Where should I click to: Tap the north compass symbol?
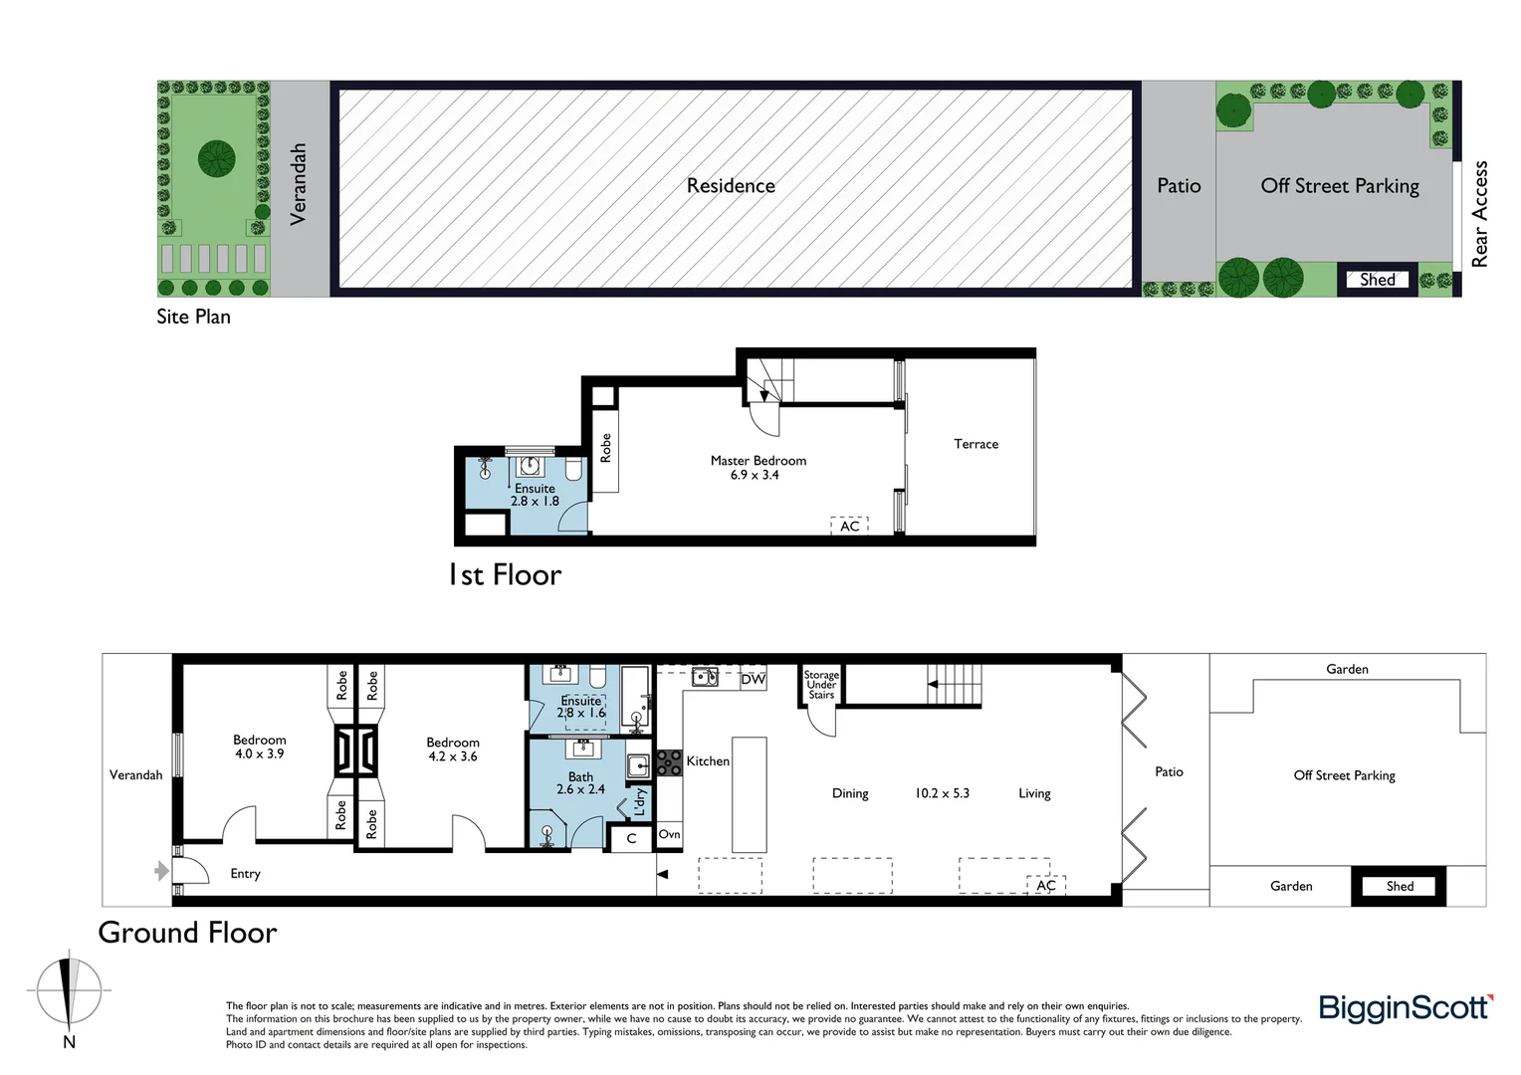[x=69, y=992]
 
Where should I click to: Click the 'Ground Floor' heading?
[x=187, y=933]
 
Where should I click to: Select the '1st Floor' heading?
[x=505, y=575]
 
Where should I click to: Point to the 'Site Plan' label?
[x=193, y=317]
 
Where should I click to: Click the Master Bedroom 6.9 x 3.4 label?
[x=758, y=468]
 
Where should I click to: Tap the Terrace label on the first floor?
[x=976, y=444]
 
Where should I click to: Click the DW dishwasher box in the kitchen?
[x=754, y=679]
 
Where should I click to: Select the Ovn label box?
[x=669, y=834]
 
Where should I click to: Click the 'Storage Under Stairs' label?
[x=821, y=685]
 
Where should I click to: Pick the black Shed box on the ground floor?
[x=1399, y=886]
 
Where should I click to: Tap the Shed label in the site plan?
[x=1377, y=280]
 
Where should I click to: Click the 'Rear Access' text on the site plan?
[x=1479, y=214]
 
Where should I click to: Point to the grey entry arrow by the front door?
[x=161, y=872]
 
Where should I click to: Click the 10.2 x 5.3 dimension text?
[x=942, y=793]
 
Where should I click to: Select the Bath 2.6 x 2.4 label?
[x=580, y=783]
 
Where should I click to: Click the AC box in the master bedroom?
[x=850, y=526]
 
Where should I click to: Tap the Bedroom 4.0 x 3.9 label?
[x=259, y=747]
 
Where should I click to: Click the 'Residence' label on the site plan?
[x=731, y=186]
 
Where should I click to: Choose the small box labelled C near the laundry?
[x=631, y=838]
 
